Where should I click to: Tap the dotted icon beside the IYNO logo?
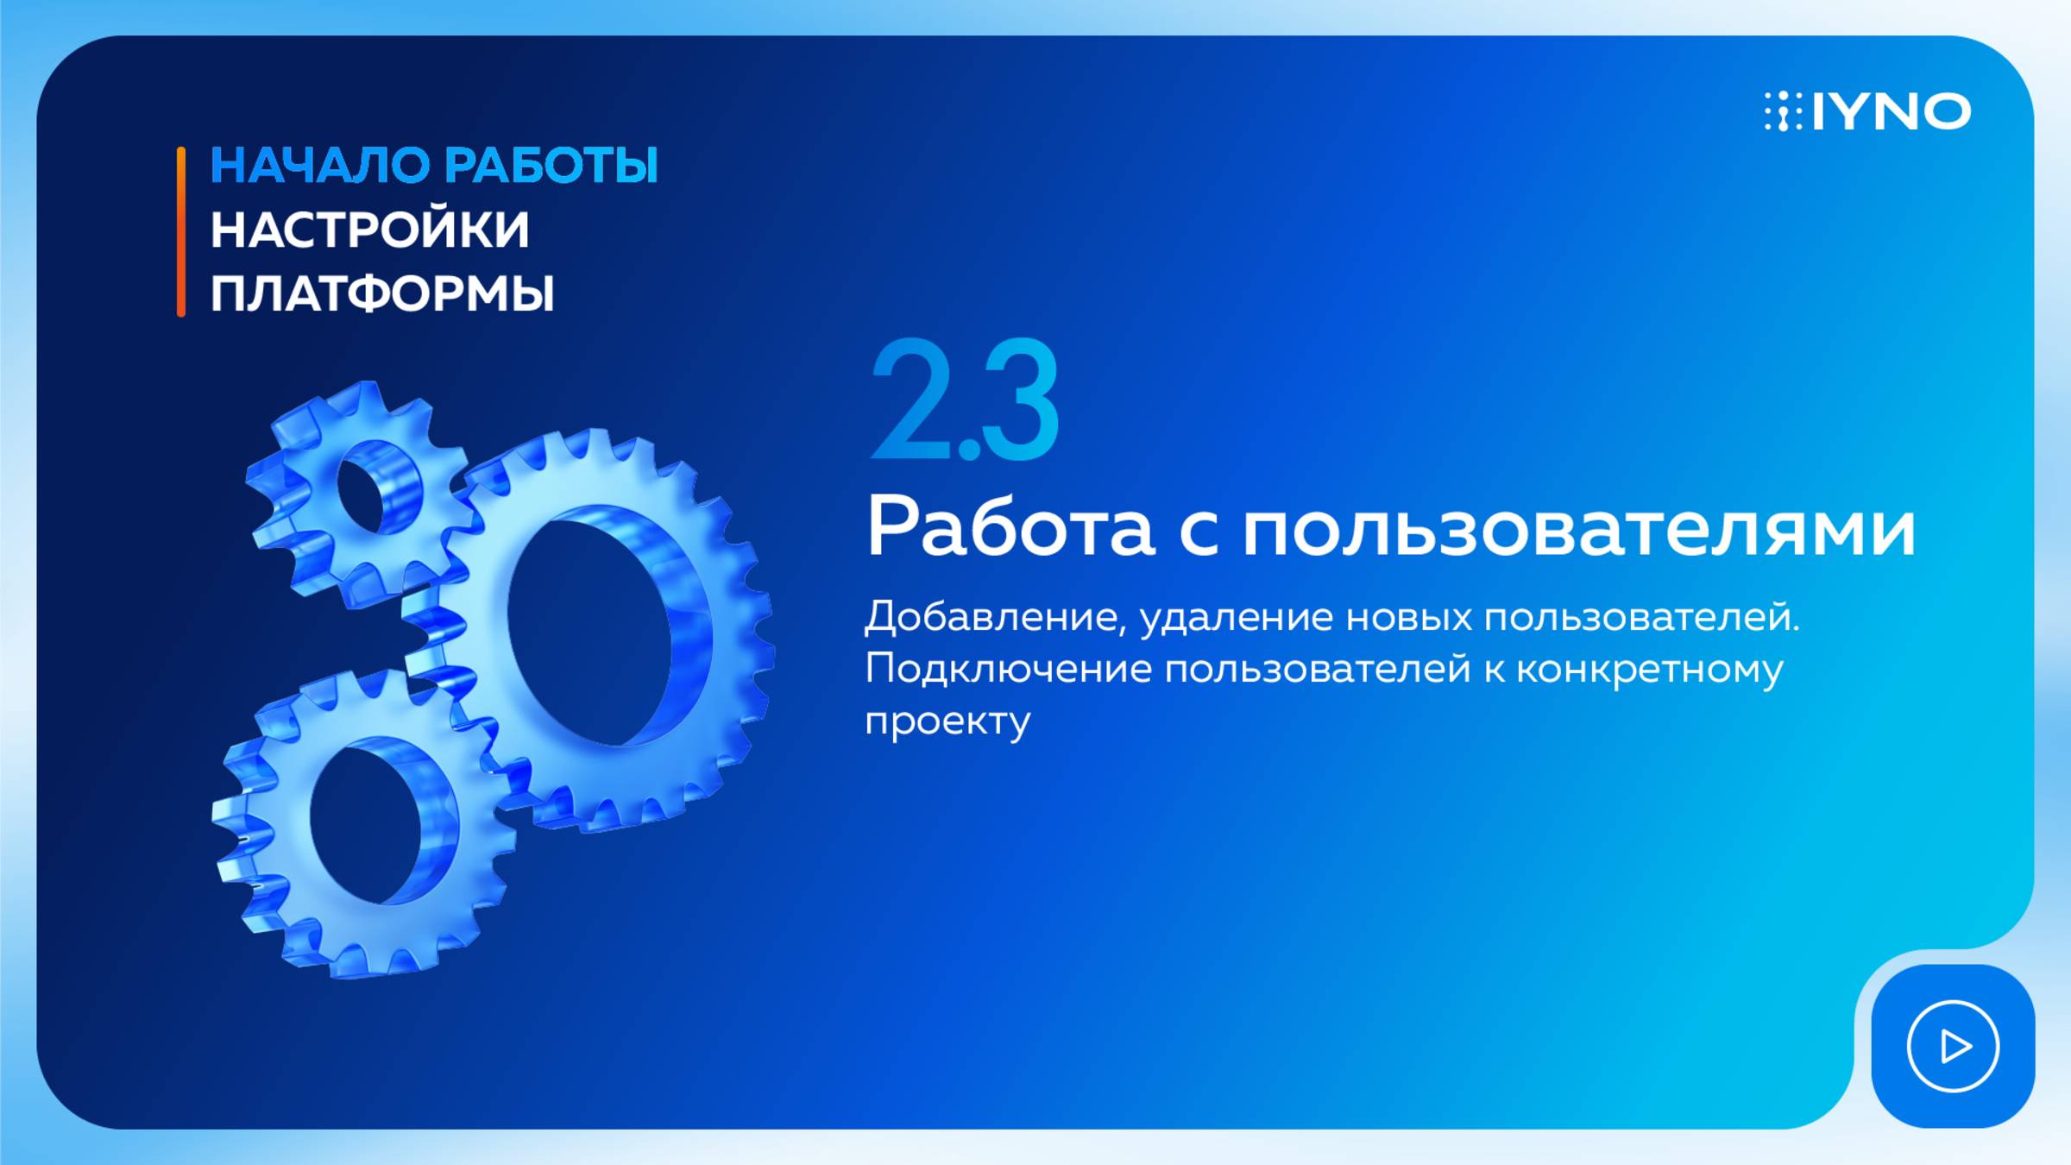pos(1783,112)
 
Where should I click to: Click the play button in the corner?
pos(1953,1047)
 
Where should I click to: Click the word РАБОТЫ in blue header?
pos(552,166)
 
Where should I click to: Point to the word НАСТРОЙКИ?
pos(369,230)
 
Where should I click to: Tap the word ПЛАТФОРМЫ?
pos(381,294)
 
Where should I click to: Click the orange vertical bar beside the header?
pos(181,231)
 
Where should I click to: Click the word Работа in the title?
pos(1010,526)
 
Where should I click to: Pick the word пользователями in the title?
pos(1579,528)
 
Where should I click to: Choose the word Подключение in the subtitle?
pos(1008,670)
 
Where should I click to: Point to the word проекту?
pos(947,721)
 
